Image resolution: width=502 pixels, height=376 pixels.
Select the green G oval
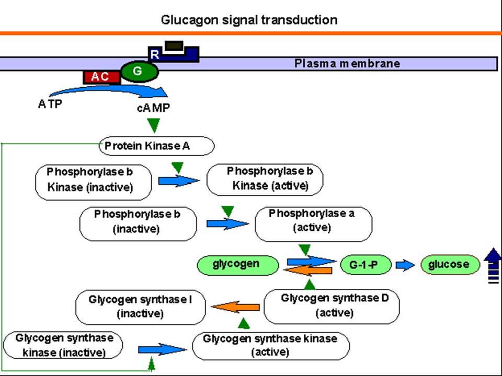coord(139,72)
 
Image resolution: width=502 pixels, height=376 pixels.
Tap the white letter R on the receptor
coord(155,54)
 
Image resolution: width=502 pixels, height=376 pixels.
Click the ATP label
coord(50,104)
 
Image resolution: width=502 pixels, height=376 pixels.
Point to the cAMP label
coord(153,108)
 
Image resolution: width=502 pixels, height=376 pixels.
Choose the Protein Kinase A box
coord(156,146)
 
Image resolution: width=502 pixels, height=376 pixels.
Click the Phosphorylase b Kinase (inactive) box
coord(94,183)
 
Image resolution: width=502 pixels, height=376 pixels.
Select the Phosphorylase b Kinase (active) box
coord(265,180)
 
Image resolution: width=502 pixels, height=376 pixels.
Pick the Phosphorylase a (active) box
coord(313,224)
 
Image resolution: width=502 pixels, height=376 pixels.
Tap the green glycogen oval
coord(237,265)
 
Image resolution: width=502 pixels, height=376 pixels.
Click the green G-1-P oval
coord(366,265)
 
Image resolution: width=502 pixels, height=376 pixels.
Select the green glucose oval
coord(450,265)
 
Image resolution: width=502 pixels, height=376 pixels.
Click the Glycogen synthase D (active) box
coord(332,307)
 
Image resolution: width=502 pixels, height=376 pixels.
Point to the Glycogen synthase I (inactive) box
coord(141,307)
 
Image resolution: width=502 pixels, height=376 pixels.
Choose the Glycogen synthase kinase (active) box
coord(271,346)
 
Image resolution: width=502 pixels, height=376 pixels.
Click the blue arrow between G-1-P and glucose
coord(405,265)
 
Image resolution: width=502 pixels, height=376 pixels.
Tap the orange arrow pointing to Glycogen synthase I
coord(235,307)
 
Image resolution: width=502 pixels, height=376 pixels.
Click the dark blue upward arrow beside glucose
coord(493,265)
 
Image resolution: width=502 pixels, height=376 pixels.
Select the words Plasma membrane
coord(347,63)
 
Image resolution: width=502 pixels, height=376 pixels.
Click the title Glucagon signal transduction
coord(249,20)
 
